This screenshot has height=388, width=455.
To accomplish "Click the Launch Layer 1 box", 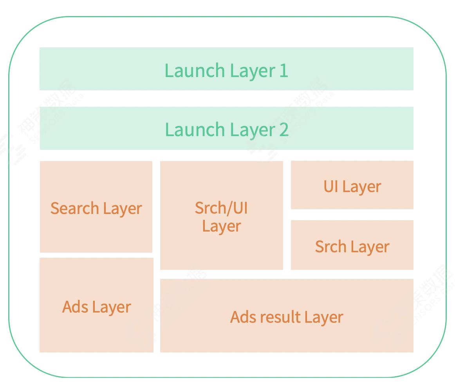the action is pyautogui.click(x=226, y=69).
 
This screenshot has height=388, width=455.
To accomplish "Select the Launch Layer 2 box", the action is pyautogui.click(x=227, y=128).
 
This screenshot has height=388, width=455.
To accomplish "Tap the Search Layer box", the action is pyautogui.click(x=96, y=207).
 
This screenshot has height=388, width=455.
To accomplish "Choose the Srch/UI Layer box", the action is pyautogui.click(x=221, y=215).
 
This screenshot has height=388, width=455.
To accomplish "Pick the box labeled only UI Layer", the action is pyautogui.click(x=352, y=185).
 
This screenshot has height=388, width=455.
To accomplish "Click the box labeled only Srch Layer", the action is pyautogui.click(x=352, y=245).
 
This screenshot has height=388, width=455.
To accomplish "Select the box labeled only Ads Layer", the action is pyautogui.click(x=96, y=305).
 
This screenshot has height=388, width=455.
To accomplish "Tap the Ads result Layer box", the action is pyautogui.click(x=287, y=316).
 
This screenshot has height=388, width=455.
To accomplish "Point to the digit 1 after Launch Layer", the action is pyautogui.click(x=284, y=70).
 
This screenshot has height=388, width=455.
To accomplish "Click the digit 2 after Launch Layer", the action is pyautogui.click(x=284, y=129).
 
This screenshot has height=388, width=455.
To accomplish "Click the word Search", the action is pyautogui.click(x=75, y=208).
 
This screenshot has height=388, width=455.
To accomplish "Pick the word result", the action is pyautogui.click(x=280, y=316).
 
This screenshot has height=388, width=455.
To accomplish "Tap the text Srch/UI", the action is pyautogui.click(x=221, y=208).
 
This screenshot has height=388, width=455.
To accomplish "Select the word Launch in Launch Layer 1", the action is pyautogui.click(x=195, y=70).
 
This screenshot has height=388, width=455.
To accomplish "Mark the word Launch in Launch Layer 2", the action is pyautogui.click(x=195, y=129).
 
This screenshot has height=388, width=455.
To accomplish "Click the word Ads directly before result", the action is pyautogui.click(x=243, y=317).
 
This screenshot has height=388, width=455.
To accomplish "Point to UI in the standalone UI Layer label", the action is pyautogui.click(x=331, y=186).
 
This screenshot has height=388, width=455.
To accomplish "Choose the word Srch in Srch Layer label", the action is pyautogui.click(x=331, y=246).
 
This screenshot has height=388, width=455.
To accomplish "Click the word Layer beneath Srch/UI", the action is pyautogui.click(x=222, y=226).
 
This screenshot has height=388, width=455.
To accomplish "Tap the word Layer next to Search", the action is pyautogui.click(x=123, y=208).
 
